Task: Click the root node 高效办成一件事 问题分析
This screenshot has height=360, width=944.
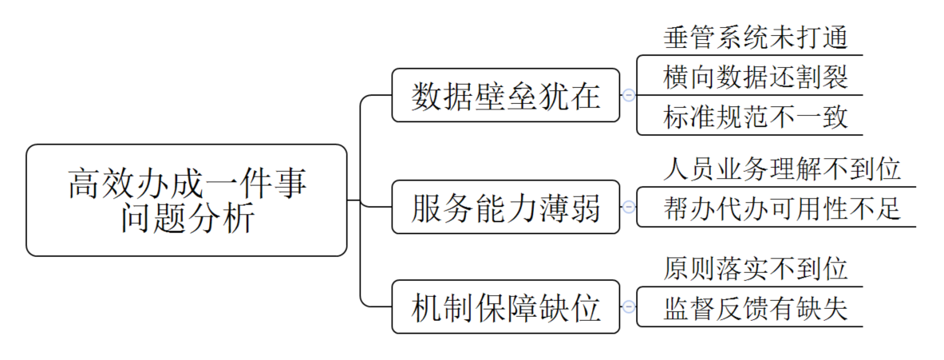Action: (187, 200)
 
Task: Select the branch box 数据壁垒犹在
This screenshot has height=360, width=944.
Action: (505, 95)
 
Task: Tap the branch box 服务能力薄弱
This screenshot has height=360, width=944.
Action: (505, 207)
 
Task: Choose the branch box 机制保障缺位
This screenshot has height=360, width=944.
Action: (505, 307)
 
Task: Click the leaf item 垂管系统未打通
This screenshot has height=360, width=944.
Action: (754, 37)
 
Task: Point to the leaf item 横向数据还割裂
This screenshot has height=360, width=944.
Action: (754, 77)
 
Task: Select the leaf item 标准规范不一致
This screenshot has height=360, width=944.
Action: (754, 118)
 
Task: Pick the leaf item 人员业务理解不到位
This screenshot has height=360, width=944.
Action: (781, 168)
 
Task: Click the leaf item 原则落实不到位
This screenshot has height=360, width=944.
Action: (754, 268)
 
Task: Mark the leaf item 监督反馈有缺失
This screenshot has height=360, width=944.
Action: (754, 309)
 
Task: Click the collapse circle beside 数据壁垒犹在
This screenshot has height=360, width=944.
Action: (629, 95)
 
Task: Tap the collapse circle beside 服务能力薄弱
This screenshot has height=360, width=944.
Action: (629, 207)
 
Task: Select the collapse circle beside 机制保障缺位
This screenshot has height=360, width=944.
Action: (629, 307)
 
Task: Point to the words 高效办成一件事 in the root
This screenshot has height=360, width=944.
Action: (187, 183)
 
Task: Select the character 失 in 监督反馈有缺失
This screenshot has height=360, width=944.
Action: (833, 309)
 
